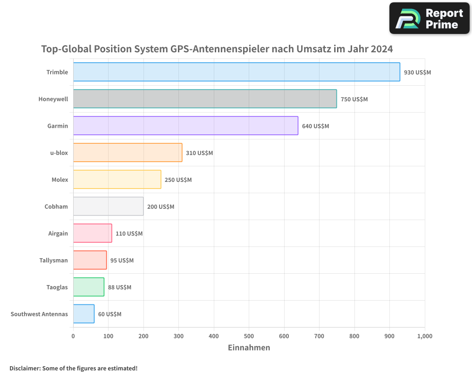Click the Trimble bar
tap(236, 72)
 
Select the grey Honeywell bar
tap(205, 99)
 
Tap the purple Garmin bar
tap(185, 126)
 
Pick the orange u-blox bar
tap(127, 153)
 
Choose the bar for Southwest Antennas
tap(84, 314)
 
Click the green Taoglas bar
tap(89, 287)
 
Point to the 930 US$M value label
tap(417, 73)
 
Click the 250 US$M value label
tap(178, 180)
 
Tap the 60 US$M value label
tap(110, 314)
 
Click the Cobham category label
tap(56, 206)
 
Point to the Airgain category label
tap(58, 233)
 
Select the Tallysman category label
tap(53, 260)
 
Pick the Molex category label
tap(60, 180)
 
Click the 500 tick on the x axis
tap(249, 336)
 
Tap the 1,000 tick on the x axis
tap(424, 336)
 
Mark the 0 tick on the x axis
tap(73, 336)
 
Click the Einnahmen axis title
tap(249, 348)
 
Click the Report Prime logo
tap(429, 18)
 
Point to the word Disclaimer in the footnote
tap(24, 368)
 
